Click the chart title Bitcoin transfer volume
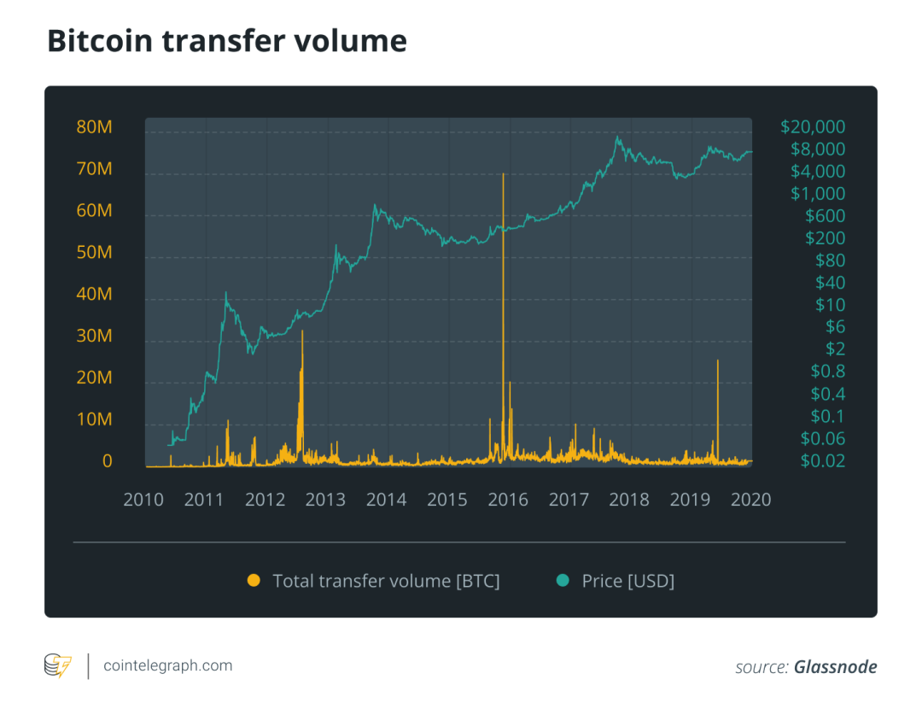[x=227, y=41]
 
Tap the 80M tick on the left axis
[x=94, y=127]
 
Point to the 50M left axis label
[x=94, y=252]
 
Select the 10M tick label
[x=94, y=419]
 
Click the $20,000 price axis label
[x=813, y=127]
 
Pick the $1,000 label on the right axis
[x=818, y=194]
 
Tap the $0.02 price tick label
[x=823, y=460]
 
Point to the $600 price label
[x=825, y=216]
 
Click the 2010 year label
[x=143, y=500]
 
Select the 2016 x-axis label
[x=508, y=500]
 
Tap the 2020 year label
[x=751, y=500]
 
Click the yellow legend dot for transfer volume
[x=254, y=581]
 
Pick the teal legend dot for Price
[x=563, y=581]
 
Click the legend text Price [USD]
[x=628, y=581]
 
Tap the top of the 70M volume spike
[x=504, y=173]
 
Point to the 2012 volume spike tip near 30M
[x=302, y=331]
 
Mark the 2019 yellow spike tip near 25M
[x=718, y=360]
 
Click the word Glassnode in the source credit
[x=836, y=667]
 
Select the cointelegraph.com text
[x=168, y=666]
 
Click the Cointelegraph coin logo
[x=58, y=665]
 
